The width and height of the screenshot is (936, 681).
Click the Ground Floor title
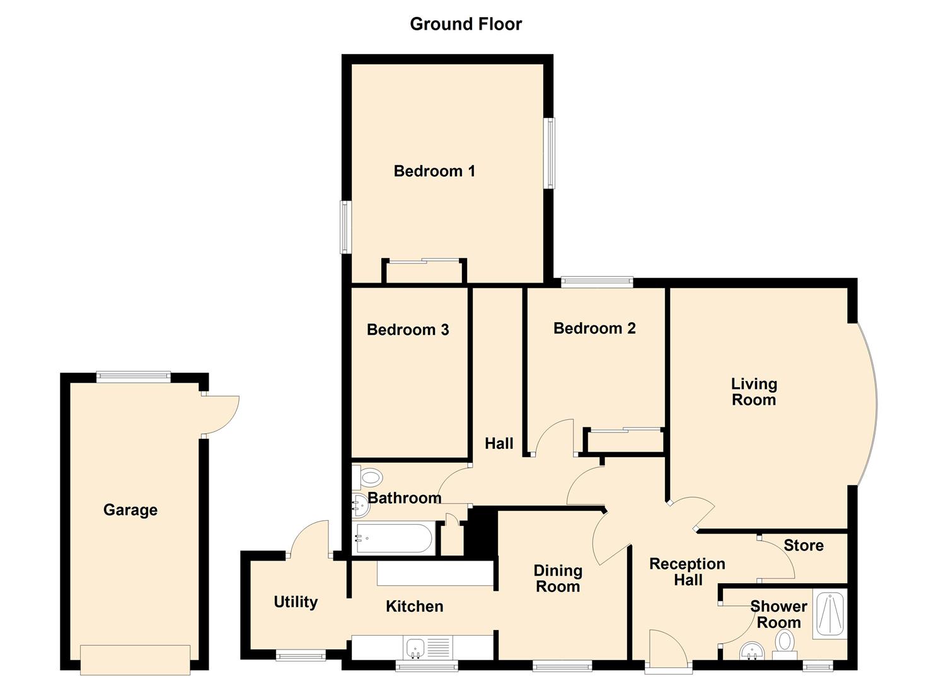[466, 24]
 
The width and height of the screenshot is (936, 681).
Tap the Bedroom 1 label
[434, 171]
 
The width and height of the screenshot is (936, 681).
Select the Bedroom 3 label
[408, 330]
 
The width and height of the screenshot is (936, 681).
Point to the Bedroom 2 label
[594, 329]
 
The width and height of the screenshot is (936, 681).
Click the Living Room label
[754, 392]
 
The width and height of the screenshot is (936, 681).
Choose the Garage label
[130, 509]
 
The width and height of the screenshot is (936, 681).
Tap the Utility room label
[296, 602]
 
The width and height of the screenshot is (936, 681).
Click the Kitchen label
[414, 607]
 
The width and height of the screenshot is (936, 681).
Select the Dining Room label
[557, 578]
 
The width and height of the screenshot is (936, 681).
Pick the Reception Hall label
[687, 572]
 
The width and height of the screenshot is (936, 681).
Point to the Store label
[804, 545]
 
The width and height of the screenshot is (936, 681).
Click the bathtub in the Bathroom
[393, 538]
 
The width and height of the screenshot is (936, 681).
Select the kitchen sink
[415, 647]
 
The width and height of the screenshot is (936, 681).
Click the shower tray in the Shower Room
[830, 614]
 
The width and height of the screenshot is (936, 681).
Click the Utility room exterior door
[309, 540]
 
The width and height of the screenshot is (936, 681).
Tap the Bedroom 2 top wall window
[597, 282]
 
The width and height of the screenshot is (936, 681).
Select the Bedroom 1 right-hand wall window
[549, 153]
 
